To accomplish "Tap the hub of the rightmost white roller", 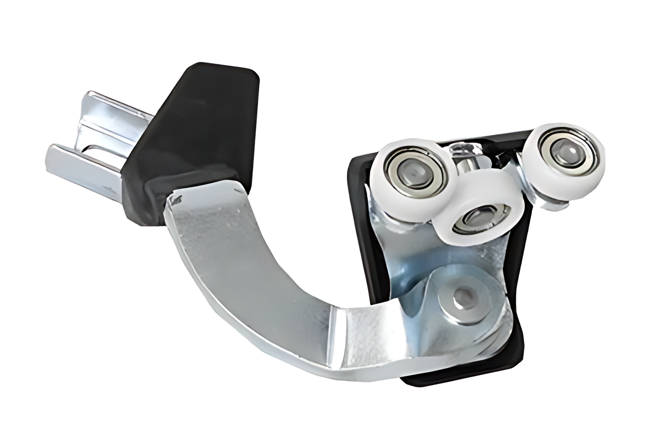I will tap(563, 151).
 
